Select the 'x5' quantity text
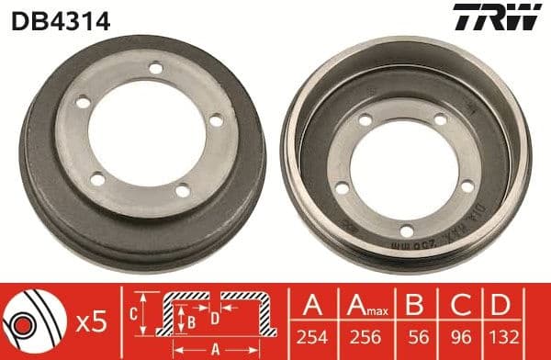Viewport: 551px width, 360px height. click(91, 321)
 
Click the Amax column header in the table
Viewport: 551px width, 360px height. click(362, 305)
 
